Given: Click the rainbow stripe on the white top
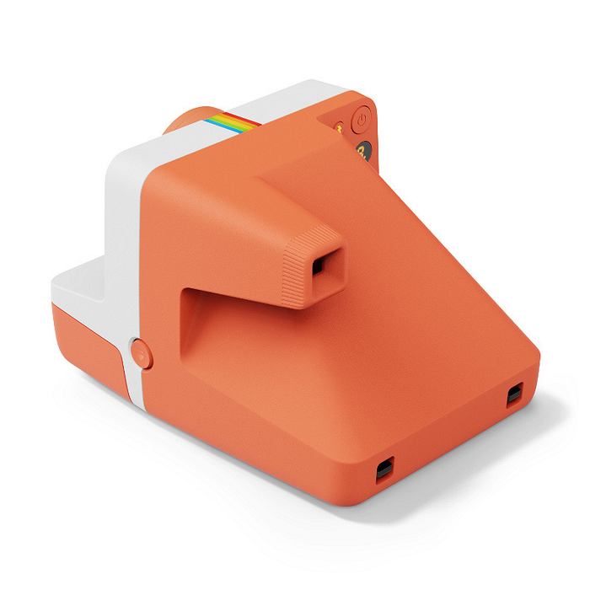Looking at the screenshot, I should click(x=231, y=122).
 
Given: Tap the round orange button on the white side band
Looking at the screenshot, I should click(x=142, y=352).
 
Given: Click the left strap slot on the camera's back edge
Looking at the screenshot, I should click(x=384, y=468).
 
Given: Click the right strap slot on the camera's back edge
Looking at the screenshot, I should click(x=514, y=395).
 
